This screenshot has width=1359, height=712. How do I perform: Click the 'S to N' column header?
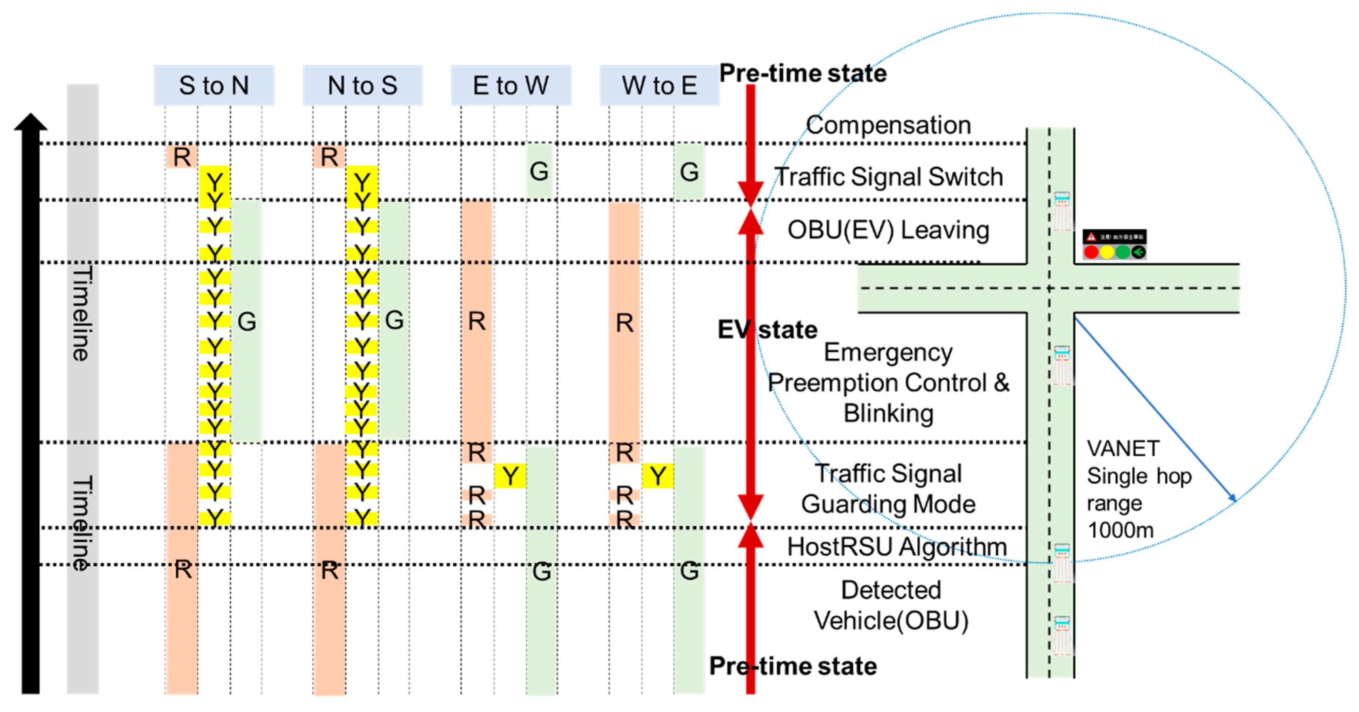tap(214, 86)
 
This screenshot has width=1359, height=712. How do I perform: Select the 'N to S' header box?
tap(362, 86)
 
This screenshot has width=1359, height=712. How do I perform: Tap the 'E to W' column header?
tap(511, 86)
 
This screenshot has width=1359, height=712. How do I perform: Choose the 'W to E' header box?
tap(659, 86)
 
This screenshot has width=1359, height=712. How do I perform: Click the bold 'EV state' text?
tap(767, 330)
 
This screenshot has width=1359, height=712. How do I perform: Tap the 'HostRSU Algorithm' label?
tap(897, 547)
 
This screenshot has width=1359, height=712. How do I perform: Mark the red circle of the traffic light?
tap(1091, 252)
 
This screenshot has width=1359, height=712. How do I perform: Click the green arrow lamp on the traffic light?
tap(1138, 252)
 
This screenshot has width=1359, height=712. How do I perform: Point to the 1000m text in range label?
tap(1120, 530)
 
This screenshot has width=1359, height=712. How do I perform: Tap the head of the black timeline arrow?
tap(31, 123)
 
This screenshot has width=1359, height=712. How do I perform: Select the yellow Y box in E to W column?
tap(510, 476)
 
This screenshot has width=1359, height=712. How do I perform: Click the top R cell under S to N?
tap(182, 157)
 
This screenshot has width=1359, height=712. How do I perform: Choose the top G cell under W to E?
tap(689, 172)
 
